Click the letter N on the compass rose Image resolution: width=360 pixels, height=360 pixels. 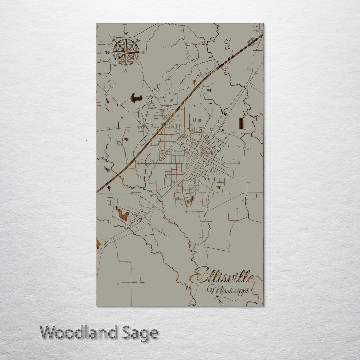[126, 33]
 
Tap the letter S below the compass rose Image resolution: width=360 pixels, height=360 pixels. [126, 70]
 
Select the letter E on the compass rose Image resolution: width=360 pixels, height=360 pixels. [144, 52]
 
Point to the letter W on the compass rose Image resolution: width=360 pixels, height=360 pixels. [108, 52]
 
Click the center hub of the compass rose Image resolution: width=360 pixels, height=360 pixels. [126, 52]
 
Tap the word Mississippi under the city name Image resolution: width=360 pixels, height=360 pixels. [228, 290]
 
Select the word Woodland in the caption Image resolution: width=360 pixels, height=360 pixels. [79, 333]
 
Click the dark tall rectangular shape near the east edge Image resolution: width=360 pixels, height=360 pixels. [241, 123]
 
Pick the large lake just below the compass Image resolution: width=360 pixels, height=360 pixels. [136, 98]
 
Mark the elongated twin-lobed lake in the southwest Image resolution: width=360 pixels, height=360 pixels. [122, 214]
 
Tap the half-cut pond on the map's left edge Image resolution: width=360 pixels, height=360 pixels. [98, 243]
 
